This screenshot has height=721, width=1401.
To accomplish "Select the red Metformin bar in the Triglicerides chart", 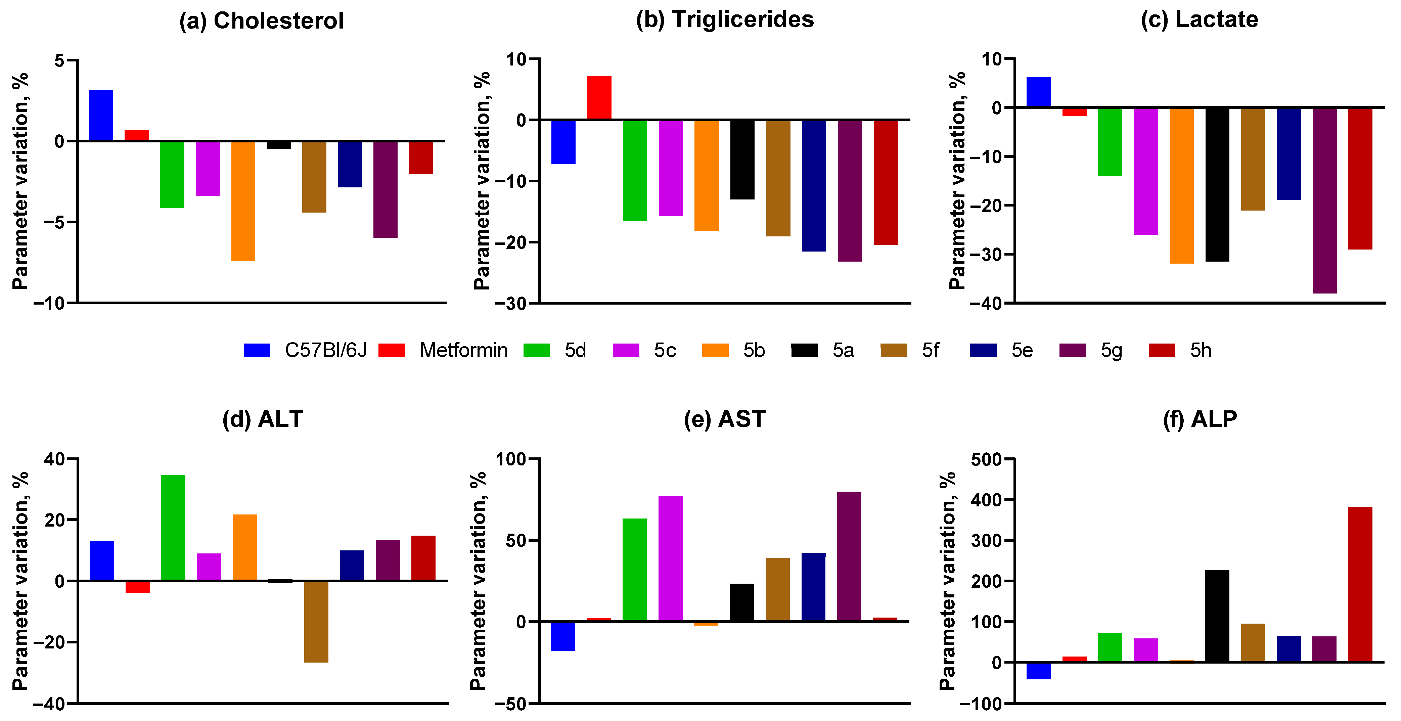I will point(599,98).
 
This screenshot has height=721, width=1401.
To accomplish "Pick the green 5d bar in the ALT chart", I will point(173,528).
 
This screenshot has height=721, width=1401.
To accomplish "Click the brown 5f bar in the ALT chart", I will point(316,622).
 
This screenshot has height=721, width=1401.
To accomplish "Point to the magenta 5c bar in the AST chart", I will point(670,558).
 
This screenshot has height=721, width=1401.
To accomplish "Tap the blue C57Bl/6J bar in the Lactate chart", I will point(1038,92).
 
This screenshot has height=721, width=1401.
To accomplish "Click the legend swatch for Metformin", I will point(392,350).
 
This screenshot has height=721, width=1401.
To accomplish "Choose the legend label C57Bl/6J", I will point(325,350).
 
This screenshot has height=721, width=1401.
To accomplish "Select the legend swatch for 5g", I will point(1073,350).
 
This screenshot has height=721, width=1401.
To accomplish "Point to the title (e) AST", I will point(724,419).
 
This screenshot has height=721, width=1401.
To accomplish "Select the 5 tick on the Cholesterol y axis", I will point(59,60).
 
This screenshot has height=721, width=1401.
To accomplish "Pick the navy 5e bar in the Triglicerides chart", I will point(814,185).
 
